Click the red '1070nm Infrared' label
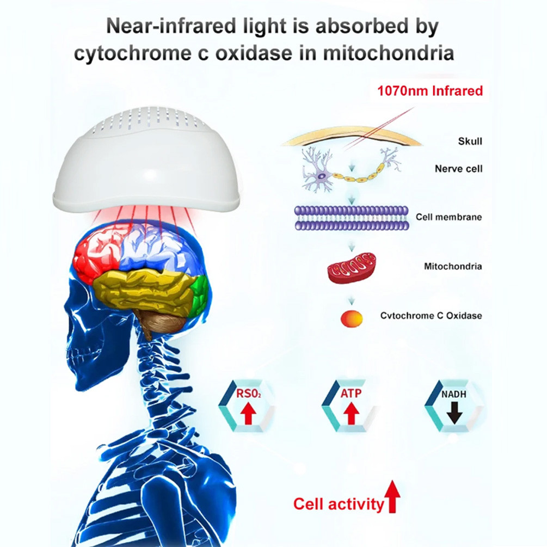tap(430, 90)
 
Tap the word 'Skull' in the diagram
tap(470, 142)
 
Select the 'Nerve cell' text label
tap(458, 169)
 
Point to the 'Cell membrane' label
tap(449, 217)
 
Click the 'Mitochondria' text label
tap(453, 267)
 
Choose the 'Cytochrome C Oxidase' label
tap(431, 316)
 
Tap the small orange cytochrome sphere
tap(351, 318)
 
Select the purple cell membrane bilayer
tap(351, 217)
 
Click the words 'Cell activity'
tap(338, 503)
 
